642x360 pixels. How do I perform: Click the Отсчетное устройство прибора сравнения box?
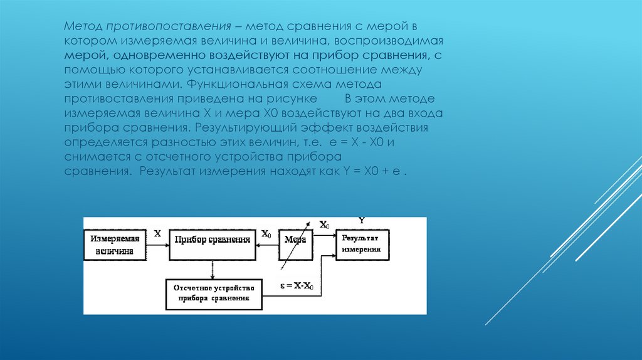(x=213, y=293)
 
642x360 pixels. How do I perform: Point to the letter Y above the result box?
(x=362, y=220)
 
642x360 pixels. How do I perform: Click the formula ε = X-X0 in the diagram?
(x=297, y=286)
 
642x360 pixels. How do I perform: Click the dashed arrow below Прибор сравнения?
(x=213, y=268)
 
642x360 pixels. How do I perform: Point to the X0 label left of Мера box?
(x=266, y=235)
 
